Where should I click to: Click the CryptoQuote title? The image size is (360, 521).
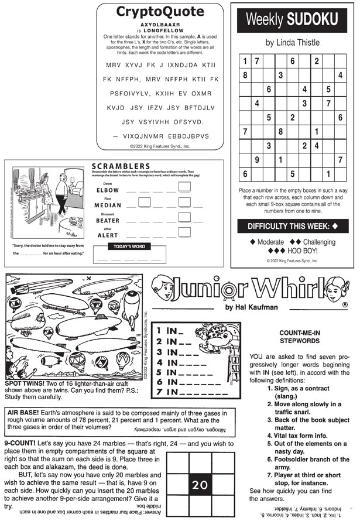click(x=160, y=12)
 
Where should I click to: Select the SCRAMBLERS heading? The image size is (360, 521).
click(x=121, y=166)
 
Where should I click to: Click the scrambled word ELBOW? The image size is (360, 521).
click(x=107, y=190)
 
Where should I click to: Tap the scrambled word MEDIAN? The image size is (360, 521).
click(x=108, y=205)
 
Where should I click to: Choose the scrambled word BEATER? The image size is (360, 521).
click(x=108, y=221)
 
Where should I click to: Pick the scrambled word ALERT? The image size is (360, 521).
click(x=107, y=235)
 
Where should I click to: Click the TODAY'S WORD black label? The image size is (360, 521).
click(x=129, y=246)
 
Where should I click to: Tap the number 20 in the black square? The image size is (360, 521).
click(x=200, y=484)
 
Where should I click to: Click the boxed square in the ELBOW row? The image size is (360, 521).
click(x=184, y=187)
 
